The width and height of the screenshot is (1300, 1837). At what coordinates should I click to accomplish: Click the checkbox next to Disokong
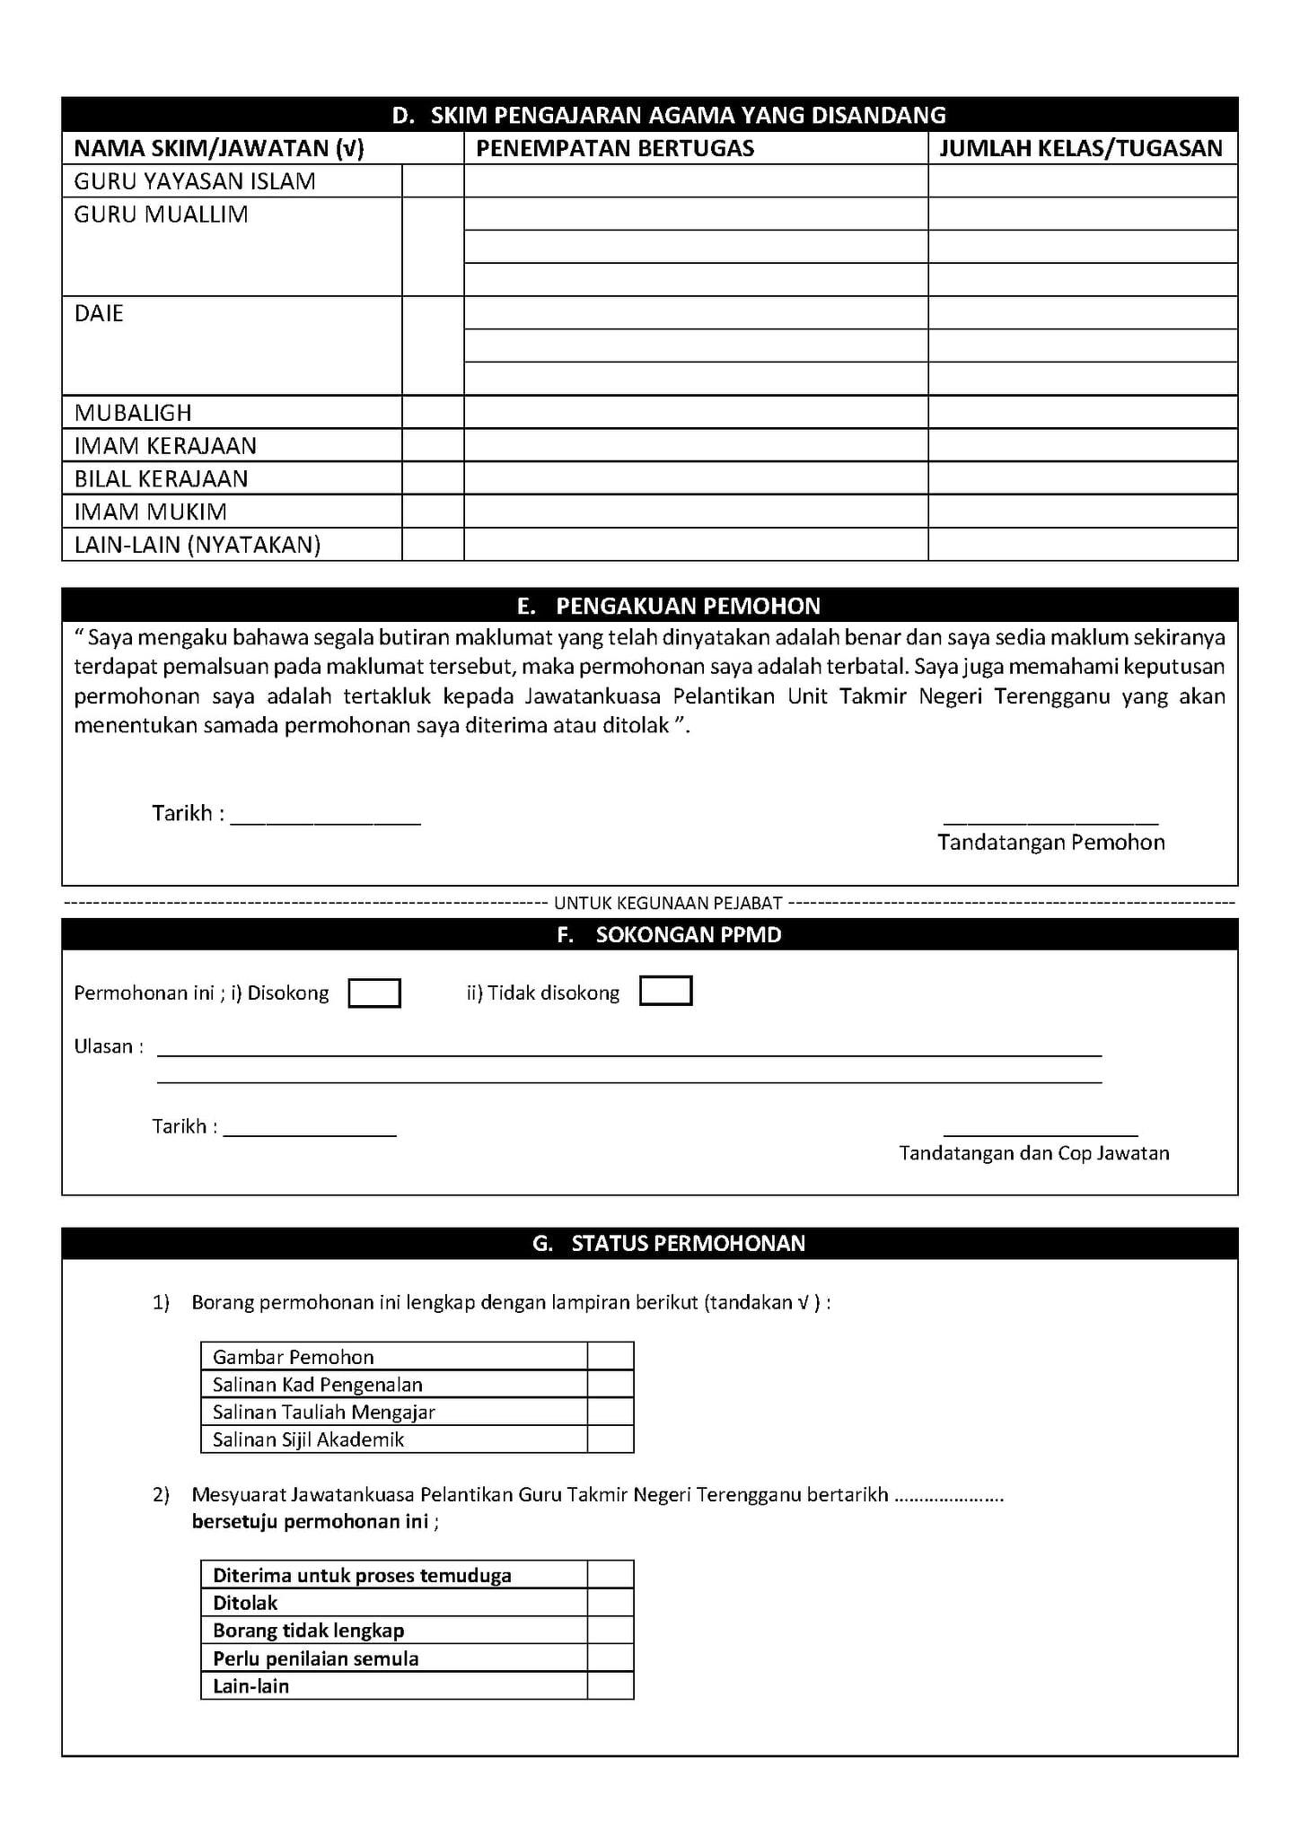(x=373, y=993)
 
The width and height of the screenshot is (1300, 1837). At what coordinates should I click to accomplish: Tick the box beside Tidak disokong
(x=665, y=991)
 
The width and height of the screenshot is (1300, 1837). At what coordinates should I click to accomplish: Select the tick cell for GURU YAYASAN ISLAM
(x=433, y=181)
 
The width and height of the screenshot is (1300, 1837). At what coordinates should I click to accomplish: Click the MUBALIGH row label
(x=133, y=413)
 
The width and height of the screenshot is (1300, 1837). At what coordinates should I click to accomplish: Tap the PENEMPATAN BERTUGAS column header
(x=615, y=148)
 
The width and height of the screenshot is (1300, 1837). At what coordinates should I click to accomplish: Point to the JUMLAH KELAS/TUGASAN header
(x=1081, y=148)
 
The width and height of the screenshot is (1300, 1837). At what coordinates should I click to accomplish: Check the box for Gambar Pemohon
(x=610, y=1356)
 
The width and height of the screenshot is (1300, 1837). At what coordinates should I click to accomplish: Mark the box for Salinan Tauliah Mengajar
(x=610, y=1412)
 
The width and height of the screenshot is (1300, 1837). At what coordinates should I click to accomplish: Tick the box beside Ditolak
(x=610, y=1603)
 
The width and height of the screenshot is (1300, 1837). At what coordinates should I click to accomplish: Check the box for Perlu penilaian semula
(x=610, y=1658)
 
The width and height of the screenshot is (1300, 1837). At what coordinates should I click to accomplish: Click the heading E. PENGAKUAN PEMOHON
(x=669, y=606)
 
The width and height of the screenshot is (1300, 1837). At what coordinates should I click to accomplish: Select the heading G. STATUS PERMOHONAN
(x=669, y=1243)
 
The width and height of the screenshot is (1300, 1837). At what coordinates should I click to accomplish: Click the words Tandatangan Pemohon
(x=1051, y=843)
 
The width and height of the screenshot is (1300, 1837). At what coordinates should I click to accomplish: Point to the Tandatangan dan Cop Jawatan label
(x=1034, y=1153)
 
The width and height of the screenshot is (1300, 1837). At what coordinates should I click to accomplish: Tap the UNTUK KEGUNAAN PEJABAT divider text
(x=668, y=903)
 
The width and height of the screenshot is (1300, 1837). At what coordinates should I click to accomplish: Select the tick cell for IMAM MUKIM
(x=433, y=512)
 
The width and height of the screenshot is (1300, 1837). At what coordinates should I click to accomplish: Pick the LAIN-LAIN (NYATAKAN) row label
(x=198, y=545)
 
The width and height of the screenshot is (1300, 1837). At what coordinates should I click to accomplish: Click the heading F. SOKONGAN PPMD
(x=669, y=934)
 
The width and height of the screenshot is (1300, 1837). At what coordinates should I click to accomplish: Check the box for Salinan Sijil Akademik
(x=610, y=1439)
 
